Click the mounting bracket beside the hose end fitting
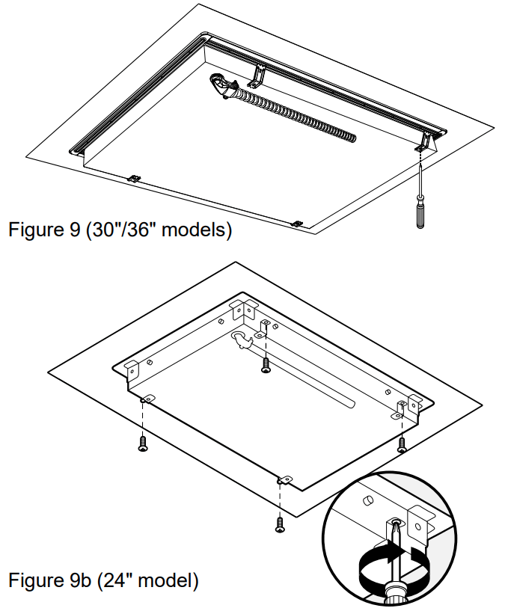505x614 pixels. click(x=259, y=75)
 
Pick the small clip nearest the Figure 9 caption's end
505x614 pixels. click(x=297, y=223)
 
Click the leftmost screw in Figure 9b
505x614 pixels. click(x=143, y=443)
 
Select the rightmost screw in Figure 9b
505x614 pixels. click(x=402, y=444)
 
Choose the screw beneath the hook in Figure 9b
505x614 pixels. click(x=266, y=366)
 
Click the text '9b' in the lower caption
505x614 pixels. click(x=82, y=580)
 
